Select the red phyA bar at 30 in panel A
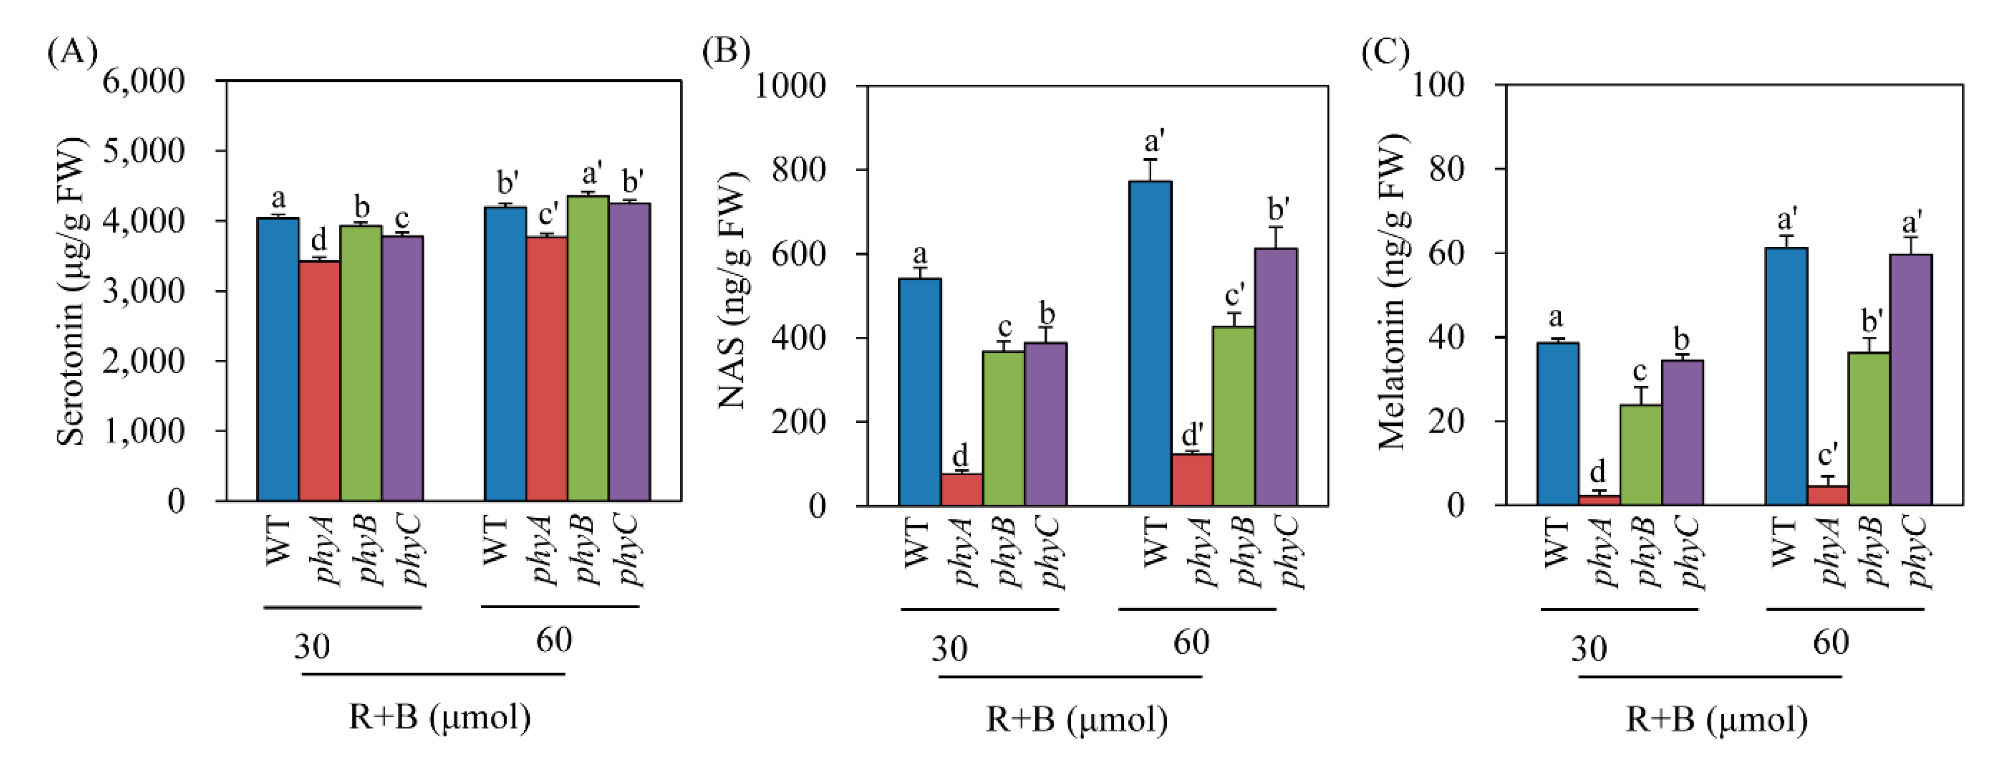319,380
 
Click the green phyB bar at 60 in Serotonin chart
588,349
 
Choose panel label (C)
1385,53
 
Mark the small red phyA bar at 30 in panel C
1599,500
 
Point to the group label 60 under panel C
1830,642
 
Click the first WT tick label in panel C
1556,545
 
